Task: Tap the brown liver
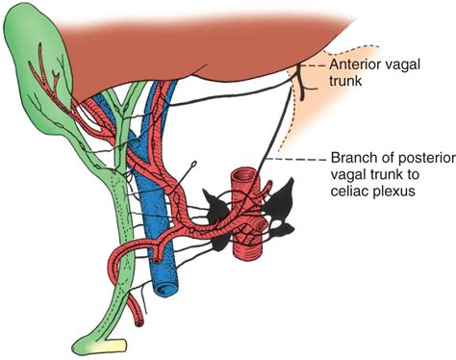192,48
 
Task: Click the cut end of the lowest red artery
141,322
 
